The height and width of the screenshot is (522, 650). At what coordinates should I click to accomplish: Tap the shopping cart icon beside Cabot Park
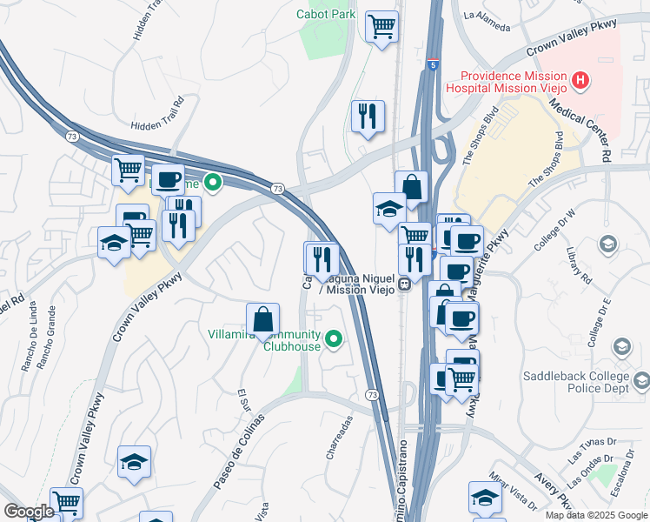(x=381, y=27)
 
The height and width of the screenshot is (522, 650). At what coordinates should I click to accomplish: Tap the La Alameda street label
(x=487, y=19)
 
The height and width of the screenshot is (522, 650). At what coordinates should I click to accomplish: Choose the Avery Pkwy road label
(x=554, y=490)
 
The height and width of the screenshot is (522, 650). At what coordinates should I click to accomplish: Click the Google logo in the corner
(x=28, y=512)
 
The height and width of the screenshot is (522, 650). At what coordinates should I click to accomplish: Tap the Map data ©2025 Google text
(x=596, y=515)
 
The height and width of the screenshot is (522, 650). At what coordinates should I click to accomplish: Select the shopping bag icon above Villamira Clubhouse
(x=262, y=318)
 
